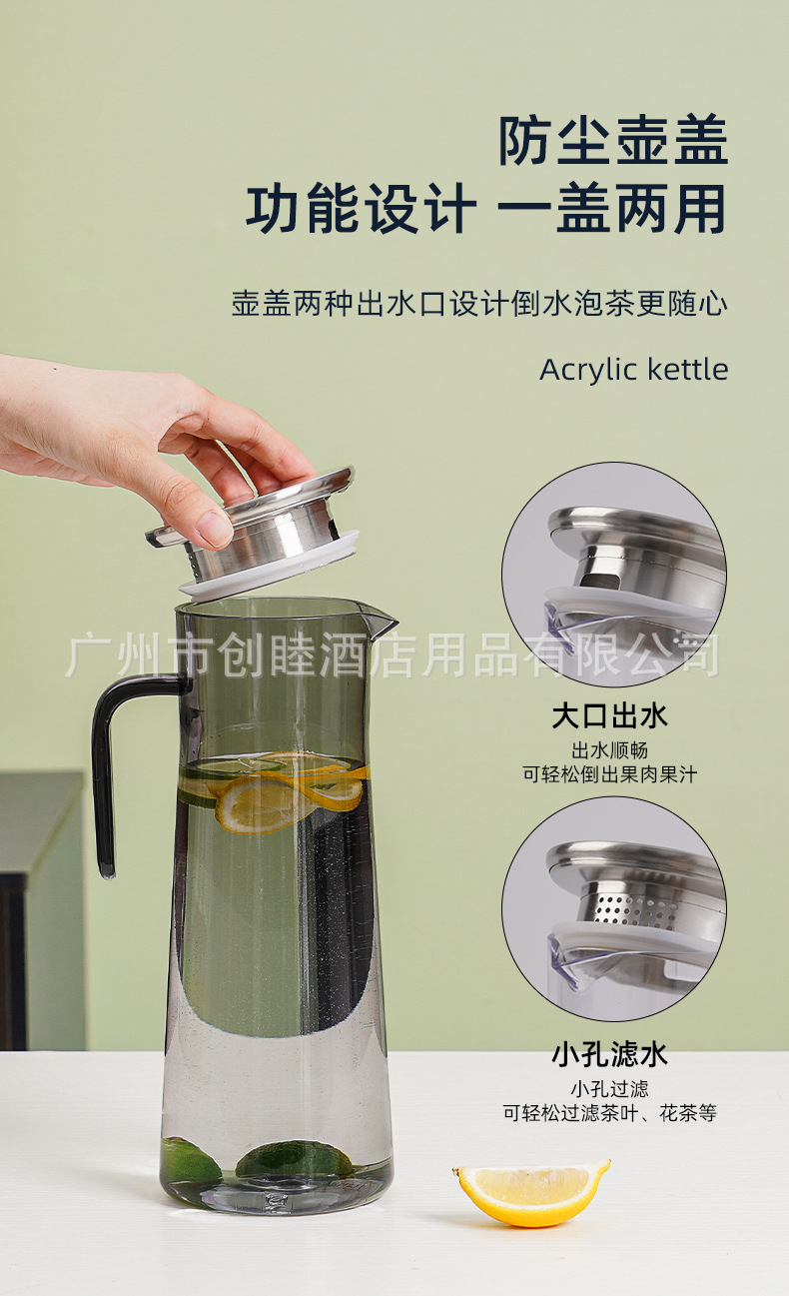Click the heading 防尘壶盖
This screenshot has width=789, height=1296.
coord(613,140)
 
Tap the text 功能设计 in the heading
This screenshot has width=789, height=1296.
coord(362,208)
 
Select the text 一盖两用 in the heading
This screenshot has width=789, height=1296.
coord(611,208)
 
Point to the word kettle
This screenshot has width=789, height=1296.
coord(688,369)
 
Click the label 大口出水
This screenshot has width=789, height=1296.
coord(609,716)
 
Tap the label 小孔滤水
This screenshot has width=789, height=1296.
coord(609,1054)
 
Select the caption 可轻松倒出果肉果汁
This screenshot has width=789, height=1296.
coord(609,774)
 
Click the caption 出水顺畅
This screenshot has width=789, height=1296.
coord(609,750)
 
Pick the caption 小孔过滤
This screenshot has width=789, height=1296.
coord(609,1089)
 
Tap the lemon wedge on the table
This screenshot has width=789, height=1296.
coord(531,1193)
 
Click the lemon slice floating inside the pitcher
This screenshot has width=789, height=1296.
coord(290,791)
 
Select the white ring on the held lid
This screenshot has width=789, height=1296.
coord(270,566)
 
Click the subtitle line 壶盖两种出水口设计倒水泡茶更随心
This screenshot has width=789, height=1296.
coord(479,303)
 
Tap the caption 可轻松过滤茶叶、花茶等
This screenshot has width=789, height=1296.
coord(609,1112)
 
